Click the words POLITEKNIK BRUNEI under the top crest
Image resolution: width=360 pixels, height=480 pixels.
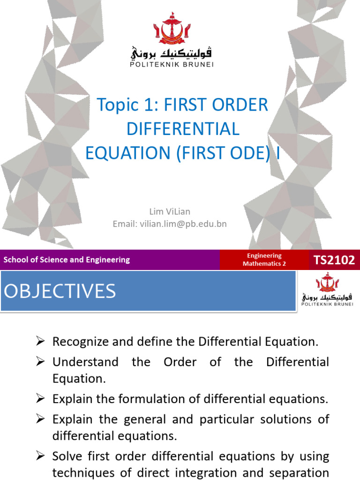coord(172,64)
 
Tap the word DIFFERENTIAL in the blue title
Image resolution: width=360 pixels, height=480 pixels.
coord(183,129)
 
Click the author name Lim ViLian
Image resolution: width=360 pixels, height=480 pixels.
coord(170,212)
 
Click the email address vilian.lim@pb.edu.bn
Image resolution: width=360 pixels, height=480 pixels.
coord(170,224)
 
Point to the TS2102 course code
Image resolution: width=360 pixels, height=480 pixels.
coord(334,260)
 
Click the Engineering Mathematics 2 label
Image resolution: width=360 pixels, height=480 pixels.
coord(264,260)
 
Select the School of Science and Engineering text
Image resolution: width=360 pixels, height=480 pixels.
coord(67,260)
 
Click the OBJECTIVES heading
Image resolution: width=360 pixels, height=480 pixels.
coord(60,291)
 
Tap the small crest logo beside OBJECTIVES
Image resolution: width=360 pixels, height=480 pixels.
coord(327,283)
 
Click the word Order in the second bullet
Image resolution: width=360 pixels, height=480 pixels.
coord(176,362)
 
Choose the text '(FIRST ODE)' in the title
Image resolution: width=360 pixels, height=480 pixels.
coord(221,153)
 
